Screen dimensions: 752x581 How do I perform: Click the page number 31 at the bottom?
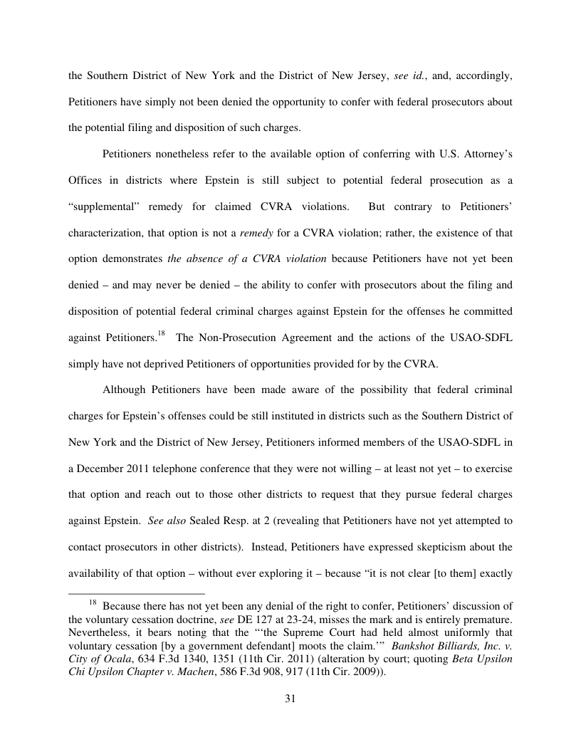[290, 699]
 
